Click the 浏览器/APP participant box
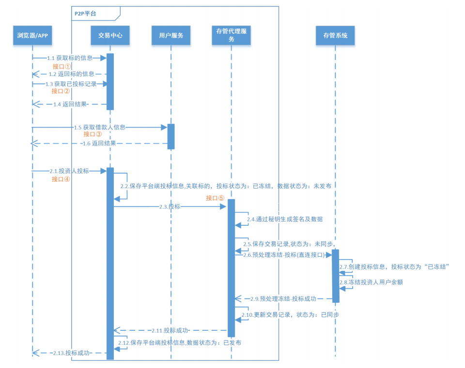32,35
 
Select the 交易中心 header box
110,35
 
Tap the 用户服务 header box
171,35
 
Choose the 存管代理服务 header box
232,35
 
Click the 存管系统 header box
335,35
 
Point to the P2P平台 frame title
85,14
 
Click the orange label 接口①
62,66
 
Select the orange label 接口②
61,91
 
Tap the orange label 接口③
93,134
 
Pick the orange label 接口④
61,179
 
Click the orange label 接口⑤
215,198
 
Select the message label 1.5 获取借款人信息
99,127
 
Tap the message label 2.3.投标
170,206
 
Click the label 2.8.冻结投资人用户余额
377,282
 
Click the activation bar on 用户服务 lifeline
171,136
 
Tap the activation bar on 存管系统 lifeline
336,276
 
